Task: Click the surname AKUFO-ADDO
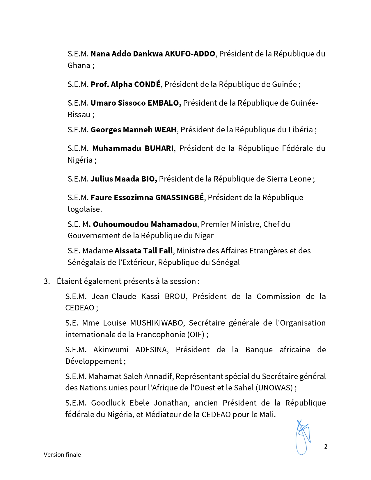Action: (x=190, y=54)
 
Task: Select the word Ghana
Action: (x=79, y=65)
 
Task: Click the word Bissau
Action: (x=79, y=115)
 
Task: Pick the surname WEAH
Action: (x=165, y=130)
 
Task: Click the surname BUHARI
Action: (x=159, y=148)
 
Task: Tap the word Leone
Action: (x=300, y=179)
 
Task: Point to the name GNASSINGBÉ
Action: (x=180, y=198)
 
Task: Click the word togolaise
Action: (x=84, y=209)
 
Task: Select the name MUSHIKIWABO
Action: (x=157, y=323)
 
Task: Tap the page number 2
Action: (x=326, y=447)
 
